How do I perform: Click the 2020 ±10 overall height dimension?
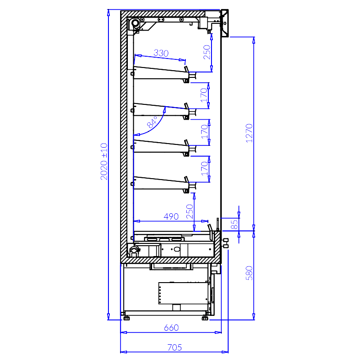(x=104, y=162)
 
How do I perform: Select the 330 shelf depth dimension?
(x=161, y=53)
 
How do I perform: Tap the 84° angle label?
(x=152, y=122)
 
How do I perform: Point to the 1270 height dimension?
(x=249, y=133)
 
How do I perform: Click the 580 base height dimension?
(x=249, y=273)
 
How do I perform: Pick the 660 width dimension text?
(x=171, y=328)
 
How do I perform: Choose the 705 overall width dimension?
(x=175, y=347)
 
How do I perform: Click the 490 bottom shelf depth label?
(x=171, y=216)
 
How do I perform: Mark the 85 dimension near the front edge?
(x=234, y=224)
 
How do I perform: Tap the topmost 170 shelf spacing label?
(x=204, y=95)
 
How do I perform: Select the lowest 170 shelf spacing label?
(x=204, y=169)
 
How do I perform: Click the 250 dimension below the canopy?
(x=207, y=52)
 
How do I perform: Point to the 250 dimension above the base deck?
(x=189, y=211)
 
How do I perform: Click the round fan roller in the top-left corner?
(x=135, y=23)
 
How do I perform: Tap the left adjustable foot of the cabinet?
(x=126, y=318)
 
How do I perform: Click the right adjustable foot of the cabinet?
(x=205, y=318)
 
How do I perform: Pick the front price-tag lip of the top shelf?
(x=186, y=69)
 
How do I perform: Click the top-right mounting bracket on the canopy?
(x=225, y=23)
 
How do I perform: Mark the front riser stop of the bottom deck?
(x=210, y=228)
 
